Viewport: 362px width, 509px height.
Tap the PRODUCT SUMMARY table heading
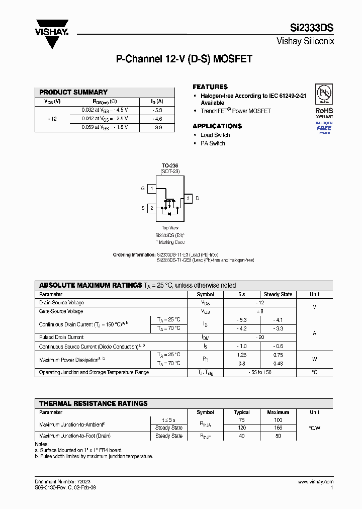point(73,92)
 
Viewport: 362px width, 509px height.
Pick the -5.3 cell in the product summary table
point(157,110)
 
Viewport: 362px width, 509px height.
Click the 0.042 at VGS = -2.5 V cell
point(105,119)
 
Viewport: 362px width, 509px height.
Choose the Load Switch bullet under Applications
point(215,135)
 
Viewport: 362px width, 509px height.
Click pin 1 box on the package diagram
point(152,189)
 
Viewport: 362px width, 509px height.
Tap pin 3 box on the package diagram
point(188,198)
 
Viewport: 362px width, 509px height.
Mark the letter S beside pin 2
point(143,208)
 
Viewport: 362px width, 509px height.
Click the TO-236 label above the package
point(169,165)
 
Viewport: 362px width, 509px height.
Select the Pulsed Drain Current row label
point(61,337)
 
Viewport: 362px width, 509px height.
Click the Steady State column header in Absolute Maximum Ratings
point(278,294)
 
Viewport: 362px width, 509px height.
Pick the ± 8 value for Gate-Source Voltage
point(260,311)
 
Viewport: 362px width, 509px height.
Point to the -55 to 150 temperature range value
point(260,372)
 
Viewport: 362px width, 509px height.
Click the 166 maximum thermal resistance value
point(278,428)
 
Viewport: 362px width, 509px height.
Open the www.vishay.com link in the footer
point(315,482)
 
